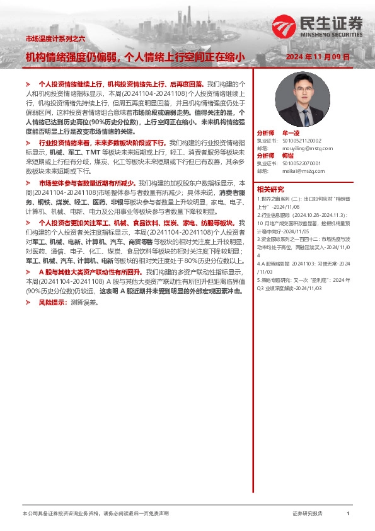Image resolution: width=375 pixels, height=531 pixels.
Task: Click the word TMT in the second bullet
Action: pyautogui.click(x=91, y=153)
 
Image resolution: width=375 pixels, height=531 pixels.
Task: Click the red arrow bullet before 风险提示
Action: pyautogui.click(x=28, y=303)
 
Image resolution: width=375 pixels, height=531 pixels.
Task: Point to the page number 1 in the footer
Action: pyautogui.click(x=348, y=514)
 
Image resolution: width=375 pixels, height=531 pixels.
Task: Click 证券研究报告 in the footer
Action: pyautogui.click(x=308, y=514)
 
